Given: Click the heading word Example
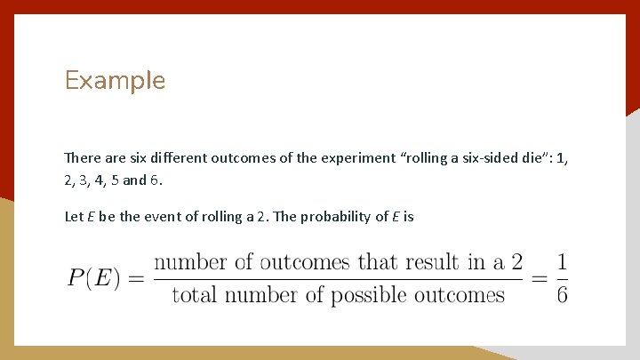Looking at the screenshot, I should (x=115, y=81).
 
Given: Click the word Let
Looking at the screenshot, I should (x=74, y=216).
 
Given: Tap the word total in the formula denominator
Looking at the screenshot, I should (x=194, y=294).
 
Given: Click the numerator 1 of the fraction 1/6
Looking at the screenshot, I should (x=562, y=262).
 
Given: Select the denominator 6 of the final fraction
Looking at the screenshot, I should (x=562, y=294).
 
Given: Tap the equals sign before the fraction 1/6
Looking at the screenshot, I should (x=537, y=277).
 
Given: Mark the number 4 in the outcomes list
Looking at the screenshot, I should (x=98, y=180).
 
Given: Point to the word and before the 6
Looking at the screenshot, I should (x=134, y=180).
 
